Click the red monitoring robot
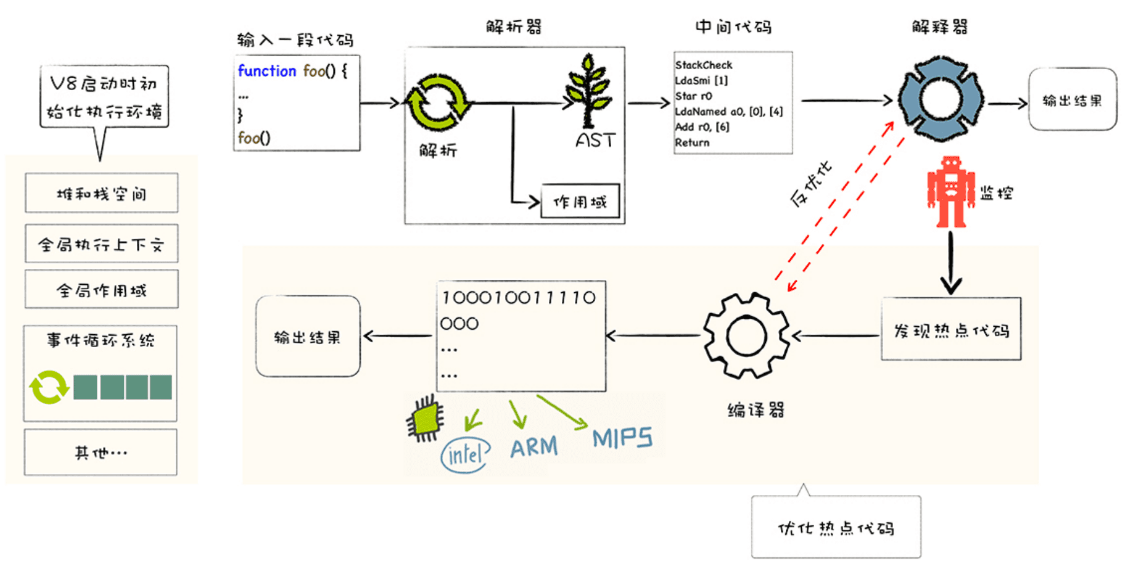pos(950,192)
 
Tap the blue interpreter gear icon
pos(941,99)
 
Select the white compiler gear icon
pos(746,336)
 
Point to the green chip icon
pos(426,420)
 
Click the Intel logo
pos(466,455)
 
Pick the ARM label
pos(533,446)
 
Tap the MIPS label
pos(622,438)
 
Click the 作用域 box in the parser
pos(580,201)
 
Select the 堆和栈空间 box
pos(102,194)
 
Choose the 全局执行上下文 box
pos(102,244)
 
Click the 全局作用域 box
pos(102,289)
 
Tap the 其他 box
pos(101,453)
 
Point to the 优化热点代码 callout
pos(836,527)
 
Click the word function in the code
pos(267,71)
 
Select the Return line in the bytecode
pos(692,142)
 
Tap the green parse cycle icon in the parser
pos(438,102)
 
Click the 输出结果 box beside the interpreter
pos(1072,100)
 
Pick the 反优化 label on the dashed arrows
pos(811,183)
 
